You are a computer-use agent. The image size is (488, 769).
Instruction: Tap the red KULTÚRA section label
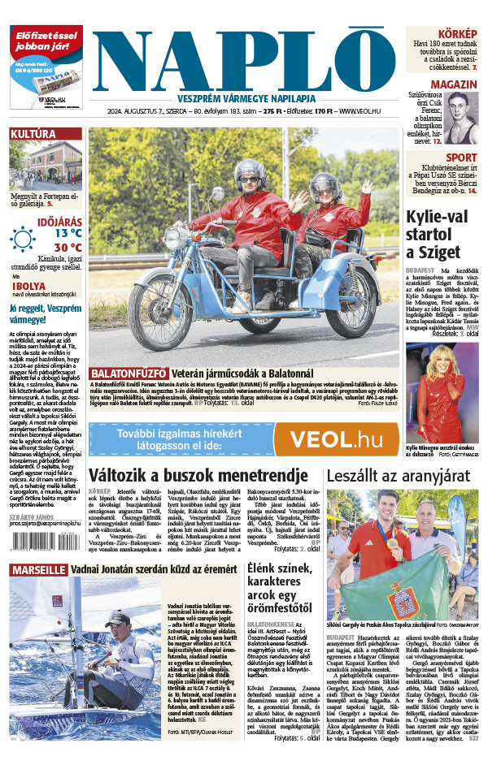[33, 134]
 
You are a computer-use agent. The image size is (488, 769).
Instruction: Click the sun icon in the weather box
[23, 238]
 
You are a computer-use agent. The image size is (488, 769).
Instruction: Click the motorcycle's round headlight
[174, 239]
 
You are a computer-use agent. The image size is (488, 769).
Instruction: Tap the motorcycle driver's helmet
[250, 172]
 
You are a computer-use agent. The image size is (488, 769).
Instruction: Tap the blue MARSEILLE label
[38, 570]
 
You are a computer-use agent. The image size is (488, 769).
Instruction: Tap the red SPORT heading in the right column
[461, 158]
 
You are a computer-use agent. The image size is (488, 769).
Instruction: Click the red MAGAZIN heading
[454, 85]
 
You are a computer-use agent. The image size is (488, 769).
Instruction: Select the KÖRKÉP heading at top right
[458, 33]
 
